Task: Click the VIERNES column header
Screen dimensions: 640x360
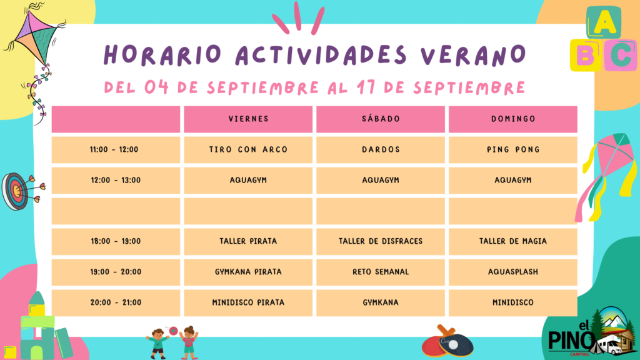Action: click(x=248, y=119)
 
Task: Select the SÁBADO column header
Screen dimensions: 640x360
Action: click(x=381, y=119)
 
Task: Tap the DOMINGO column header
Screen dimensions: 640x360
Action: click(x=513, y=119)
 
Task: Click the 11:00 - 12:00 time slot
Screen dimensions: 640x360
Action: click(x=116, y=150)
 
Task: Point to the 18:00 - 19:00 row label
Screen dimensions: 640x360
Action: click(x=116, y=242)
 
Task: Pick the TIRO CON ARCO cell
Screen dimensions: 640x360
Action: click(x=248, y=150)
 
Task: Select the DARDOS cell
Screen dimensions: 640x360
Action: click(x=381, y=150)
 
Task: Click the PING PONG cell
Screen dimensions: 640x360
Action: click(x=513, y=150)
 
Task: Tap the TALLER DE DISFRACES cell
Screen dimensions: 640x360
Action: click(x=381, y=242)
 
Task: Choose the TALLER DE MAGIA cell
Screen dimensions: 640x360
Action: click(x=513, y=242)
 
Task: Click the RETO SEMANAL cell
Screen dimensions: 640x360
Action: click(x=381, y=272)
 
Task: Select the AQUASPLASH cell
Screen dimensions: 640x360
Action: click(x=513, y=272)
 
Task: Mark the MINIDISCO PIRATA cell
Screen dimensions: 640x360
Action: click(x=248, y=303)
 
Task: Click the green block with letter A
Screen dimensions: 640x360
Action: click(x=604, y=22)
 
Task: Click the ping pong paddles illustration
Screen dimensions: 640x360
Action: click(x=447, y=341)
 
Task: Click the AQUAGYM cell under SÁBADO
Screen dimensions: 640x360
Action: click(x=381, y=181)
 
